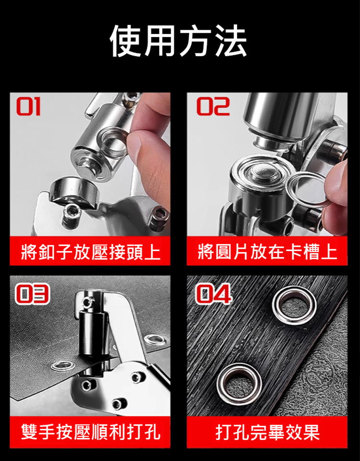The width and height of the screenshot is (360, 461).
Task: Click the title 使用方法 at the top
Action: pyautogui.click(x=179, y=40)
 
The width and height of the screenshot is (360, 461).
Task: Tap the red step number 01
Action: pyautogui.click(x=28, y=107)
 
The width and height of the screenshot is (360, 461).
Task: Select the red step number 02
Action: pyautogui.click(x=213, y=107)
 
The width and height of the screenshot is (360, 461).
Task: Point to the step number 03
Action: pyautogui.click(x=32, y=294)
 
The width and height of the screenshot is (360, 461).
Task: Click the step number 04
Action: pyautogui.click(x=214, y=294)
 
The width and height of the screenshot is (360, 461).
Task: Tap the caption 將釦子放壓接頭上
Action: pyautogui.click(x=91, y=252)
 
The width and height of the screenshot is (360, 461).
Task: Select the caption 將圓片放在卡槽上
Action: pyautogui.click(x=267, y=252)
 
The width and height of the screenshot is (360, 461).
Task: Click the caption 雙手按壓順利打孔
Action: pyautogui.click(x=91, y=432)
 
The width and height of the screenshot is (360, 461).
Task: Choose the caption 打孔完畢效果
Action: pyautogui.click(x=267, y=432)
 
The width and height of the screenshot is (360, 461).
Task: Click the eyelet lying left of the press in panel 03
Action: pyautogui.click(x=62, y=366)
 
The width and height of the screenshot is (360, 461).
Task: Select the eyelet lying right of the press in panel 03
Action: pyautogui.click(x=155, y=340)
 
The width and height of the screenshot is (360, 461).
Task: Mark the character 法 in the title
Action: pyautogui.click(x=231, y=40)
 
